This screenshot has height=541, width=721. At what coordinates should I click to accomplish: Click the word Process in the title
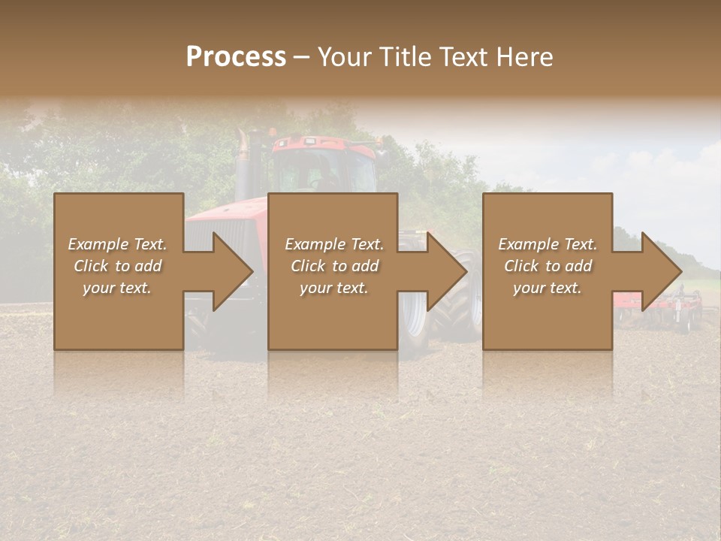(x=236, y=56)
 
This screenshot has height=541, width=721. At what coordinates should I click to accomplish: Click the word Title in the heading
(x=404, y=56)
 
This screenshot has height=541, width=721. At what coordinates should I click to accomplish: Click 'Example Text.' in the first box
(x=117, y=244)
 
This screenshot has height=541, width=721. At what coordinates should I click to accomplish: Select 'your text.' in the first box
(x=117, y=288)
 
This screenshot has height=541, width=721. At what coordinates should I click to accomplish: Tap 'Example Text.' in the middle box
(x=333, y=244)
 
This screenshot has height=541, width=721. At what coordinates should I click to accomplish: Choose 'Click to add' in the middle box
(x=333, y=266)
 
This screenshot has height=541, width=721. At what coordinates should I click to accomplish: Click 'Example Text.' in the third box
(x=548, y=244)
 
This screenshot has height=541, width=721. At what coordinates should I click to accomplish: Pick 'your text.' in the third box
(x=548, y=288)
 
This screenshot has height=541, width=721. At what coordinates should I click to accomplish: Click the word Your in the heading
(x=345, y=56)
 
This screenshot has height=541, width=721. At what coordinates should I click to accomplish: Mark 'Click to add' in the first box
(x=117, y=266)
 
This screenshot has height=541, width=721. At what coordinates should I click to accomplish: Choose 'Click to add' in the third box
(x=548, y=266)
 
